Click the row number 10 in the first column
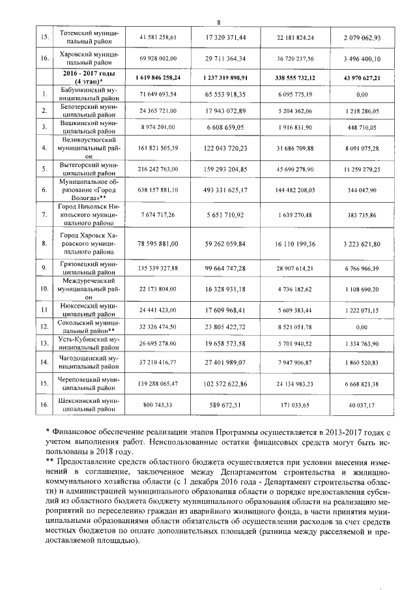44,288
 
